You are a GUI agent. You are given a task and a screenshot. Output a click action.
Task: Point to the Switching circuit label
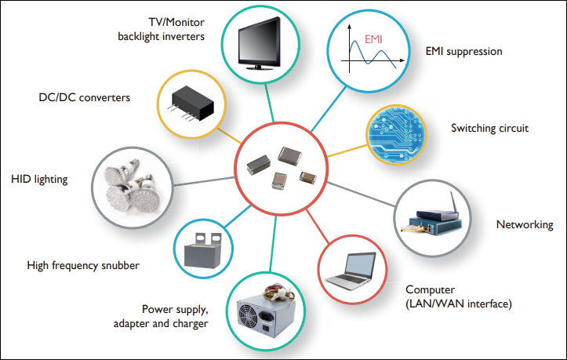coord(489,127)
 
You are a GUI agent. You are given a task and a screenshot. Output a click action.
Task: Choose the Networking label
coord(524,225)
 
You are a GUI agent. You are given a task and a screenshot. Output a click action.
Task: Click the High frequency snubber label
coord(83,266)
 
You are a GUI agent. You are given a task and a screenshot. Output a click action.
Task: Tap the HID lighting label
coord(40,179)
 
